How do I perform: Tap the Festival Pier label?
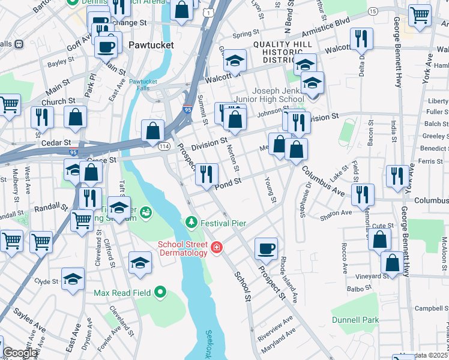(x=223, y=223)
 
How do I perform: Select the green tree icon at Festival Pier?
(x=191, y=223)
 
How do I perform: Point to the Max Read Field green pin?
(x=160, y=293)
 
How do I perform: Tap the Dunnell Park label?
(x=355, y=320)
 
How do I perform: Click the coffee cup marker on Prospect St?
(x=266, y=247)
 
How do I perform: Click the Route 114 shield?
(x=163, y=146)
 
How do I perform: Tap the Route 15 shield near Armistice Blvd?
(x=373, y=11)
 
